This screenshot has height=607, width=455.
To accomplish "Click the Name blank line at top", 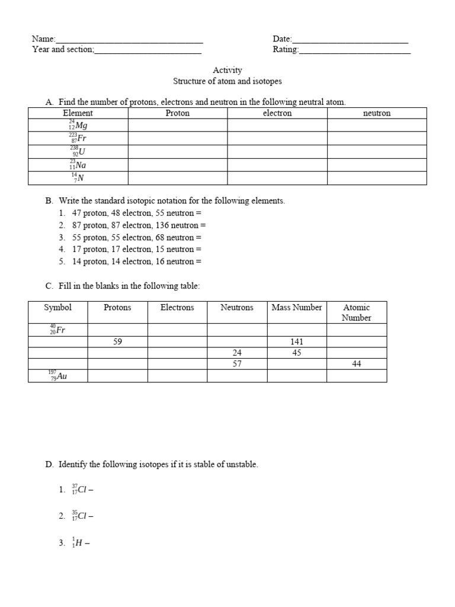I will [129, 40].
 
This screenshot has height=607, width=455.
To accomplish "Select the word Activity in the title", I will [227, 70].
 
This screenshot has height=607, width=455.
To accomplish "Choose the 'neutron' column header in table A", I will [377, 113].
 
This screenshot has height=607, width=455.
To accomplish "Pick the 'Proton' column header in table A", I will [178, 113].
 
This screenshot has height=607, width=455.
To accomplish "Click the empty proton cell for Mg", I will [178, 125].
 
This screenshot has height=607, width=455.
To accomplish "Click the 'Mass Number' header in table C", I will [297, 308].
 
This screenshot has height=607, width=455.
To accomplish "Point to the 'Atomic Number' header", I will [357, 312].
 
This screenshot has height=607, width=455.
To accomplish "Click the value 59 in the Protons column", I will [118, 341].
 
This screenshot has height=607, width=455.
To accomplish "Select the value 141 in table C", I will [297, 341].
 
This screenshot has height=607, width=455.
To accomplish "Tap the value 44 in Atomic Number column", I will [357, 364].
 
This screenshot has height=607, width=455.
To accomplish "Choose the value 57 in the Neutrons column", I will [237, 364].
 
